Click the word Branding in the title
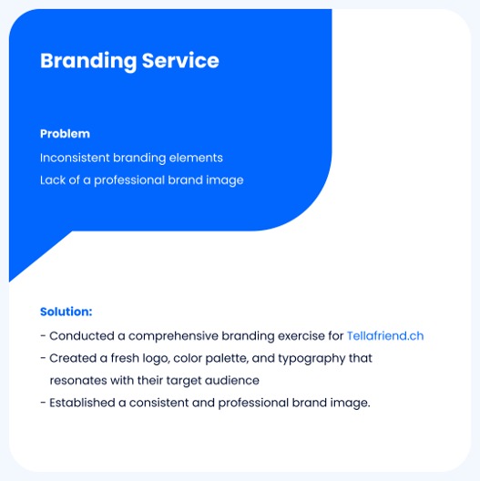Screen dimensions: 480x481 (88, 62)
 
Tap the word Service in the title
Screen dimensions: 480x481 (180, 60)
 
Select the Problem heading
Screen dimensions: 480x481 (65, 134)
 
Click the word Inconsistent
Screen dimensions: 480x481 (75, 158)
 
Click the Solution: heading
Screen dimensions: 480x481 (66, 312)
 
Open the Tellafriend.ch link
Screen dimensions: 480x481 (385, 336)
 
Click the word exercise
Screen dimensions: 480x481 (301, 336)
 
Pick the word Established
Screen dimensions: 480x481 (82, 403)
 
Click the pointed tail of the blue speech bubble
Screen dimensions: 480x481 (10, 281)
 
